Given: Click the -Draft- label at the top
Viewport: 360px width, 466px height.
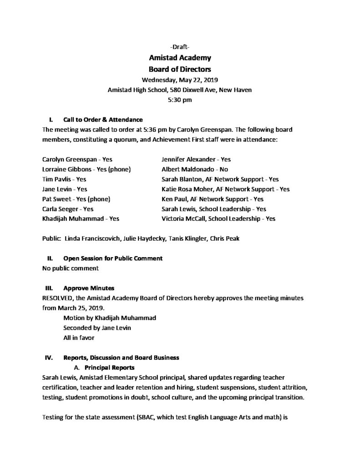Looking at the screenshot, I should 180,47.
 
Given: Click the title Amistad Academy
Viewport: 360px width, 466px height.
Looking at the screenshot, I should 180,58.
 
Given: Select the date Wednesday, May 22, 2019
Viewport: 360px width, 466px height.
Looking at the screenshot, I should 180,80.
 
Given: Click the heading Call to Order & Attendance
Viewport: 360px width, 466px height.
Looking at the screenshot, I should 103,120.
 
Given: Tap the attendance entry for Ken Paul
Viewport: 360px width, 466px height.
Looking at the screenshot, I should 212,199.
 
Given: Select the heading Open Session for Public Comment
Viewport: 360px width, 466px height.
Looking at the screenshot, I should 112,258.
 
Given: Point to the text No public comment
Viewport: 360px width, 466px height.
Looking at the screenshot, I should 70,268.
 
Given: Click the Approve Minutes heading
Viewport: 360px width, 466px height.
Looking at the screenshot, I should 89,288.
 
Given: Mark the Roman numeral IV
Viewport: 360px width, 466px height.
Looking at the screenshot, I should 49,358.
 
